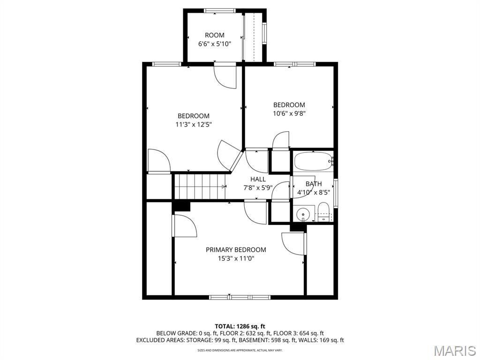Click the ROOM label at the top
(215, 35)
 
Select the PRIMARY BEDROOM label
(236, 250)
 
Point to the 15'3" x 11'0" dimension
(236, 258)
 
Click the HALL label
(258, 179)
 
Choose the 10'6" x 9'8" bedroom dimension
(289, 113)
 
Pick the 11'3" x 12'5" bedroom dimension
(193, 124)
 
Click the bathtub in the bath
(313, 162)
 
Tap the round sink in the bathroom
(304, 214)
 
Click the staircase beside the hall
(200, 186)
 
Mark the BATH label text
(314, 184)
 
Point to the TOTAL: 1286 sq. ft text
(240, 326)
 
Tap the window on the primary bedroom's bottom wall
(240, 297)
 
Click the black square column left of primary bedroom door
(181, 206)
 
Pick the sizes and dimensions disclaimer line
(240, 350)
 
